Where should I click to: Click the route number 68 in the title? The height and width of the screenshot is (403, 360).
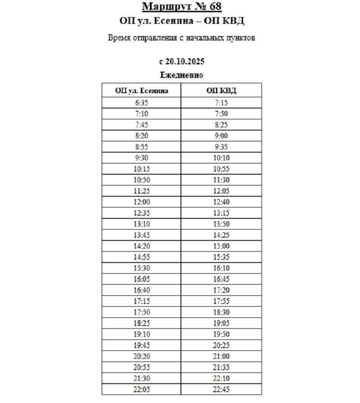point(214,7)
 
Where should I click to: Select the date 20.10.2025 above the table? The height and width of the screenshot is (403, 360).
point(186,61)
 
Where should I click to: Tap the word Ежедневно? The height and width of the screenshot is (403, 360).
point(182,75)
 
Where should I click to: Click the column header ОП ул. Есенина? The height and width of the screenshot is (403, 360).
point(141,91)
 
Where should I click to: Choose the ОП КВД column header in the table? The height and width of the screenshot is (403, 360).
point(221,91)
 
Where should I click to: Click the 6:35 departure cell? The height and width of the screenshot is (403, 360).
point(141,103)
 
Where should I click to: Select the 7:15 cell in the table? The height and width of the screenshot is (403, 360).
point(221,103)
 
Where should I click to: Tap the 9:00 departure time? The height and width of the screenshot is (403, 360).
point(221,136)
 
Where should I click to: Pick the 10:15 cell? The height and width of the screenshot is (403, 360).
point(141,169)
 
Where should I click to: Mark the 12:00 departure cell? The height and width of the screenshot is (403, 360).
point(141,202)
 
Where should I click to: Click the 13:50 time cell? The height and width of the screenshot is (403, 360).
point(221,224)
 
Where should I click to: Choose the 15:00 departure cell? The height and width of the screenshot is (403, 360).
point(221,246)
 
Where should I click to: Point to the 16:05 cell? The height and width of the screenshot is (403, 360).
point(141,279)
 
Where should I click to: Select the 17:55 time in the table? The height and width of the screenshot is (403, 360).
point(221,301)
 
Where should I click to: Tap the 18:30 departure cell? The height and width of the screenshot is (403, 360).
point(221,312)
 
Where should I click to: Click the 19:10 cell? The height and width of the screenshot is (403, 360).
point(141,334)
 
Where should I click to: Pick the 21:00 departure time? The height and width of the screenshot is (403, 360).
point(221,356)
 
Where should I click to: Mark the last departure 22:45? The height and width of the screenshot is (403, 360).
point(221,389)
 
